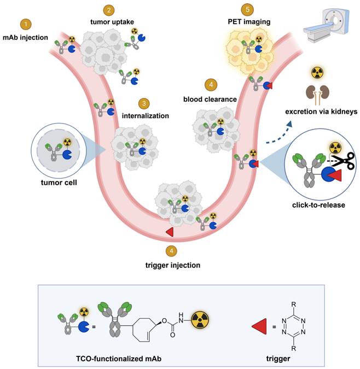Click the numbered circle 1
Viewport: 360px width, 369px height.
click(x=25, y=25)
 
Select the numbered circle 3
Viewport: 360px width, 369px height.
click(x=143, y=102)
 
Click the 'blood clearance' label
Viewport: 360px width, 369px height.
click(x=210, y=99)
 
